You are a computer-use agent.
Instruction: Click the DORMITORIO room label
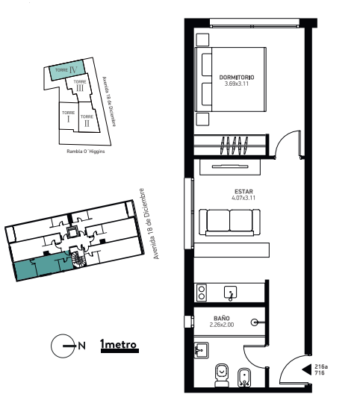(x=237, y=78)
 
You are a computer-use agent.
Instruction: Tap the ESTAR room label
(x=243, y=191)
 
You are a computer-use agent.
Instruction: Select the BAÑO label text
(x=222, y=318)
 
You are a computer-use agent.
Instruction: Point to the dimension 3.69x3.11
(x=237, y=84)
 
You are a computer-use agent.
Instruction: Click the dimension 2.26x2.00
(x=222, y=325)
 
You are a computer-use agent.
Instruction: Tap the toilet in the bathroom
(x=222, y=375)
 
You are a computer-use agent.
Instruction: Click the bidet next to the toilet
(x=244, y=377)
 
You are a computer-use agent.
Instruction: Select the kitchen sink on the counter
(x=230, y=293)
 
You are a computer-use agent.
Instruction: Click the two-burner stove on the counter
(x=202, y=293)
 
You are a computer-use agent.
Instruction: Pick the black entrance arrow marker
(x=307, y=369)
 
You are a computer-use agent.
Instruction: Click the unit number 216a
(x=321, y=366)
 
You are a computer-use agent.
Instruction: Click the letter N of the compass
(x=82, y=346)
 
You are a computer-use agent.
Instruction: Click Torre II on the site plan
(x=87, y=117)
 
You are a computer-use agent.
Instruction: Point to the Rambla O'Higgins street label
(x=86, y=152)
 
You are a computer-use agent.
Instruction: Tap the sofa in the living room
(x=229, y=222)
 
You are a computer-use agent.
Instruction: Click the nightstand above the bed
(x=202, y=40)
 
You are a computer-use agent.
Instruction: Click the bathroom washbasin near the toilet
(x=201, y=350)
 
